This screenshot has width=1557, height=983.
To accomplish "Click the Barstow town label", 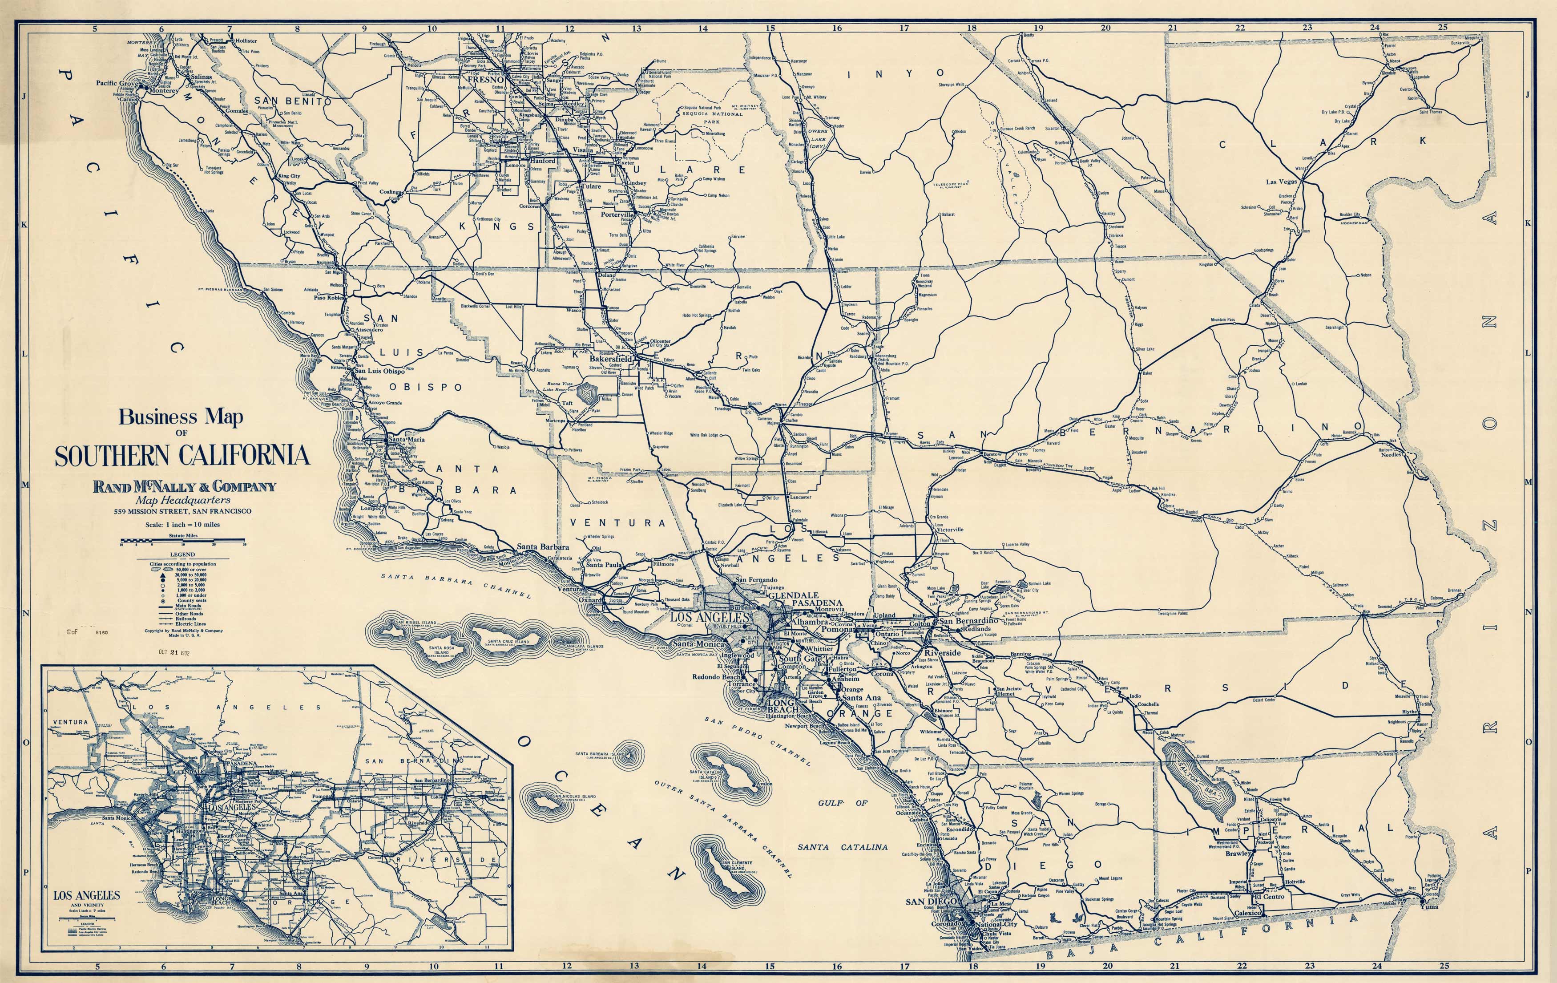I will tap(992, 454).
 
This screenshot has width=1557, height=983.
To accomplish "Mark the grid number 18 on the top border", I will tap(971, 28).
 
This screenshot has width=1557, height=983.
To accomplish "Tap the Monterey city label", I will tap(163, 91).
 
